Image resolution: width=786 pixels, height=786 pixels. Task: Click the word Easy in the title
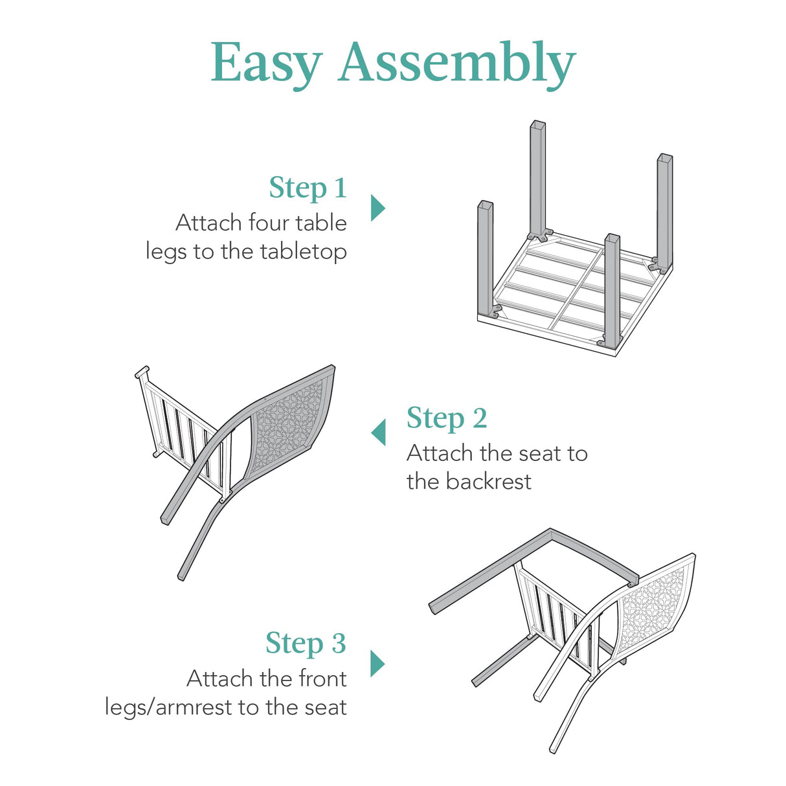(x=266, y=63)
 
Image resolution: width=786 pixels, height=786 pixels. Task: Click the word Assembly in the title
(x=456, y=63)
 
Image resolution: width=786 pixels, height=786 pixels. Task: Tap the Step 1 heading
(x=308, y=188)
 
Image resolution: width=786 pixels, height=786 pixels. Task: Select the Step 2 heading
(x=446, y=418)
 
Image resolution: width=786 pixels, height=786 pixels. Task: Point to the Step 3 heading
(x=306, y=643)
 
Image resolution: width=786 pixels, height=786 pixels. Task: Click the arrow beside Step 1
(x=377, y=208)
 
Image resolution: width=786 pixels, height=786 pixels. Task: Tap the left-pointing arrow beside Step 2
(x=379, y=432)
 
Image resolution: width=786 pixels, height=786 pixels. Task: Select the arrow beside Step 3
(x=377, y=664)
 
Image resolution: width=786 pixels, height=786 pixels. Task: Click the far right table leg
(x=664, y=207)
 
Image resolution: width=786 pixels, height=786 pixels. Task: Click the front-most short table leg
(x=612, y=285)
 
